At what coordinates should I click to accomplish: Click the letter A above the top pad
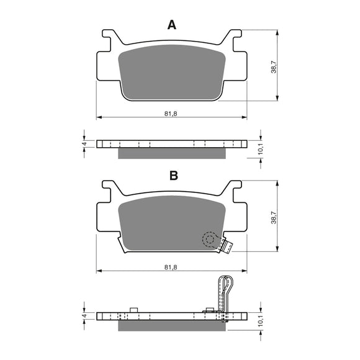tap(172, 25)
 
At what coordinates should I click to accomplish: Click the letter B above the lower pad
tap(174, 176)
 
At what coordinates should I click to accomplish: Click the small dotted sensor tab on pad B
tap(228, 247)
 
